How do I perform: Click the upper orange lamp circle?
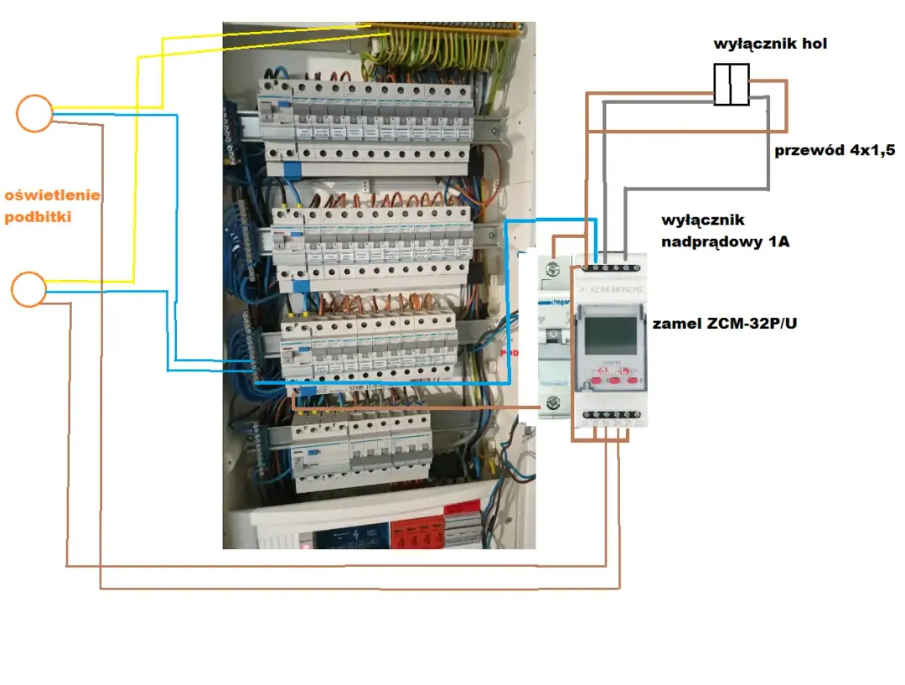pyautogui.click(x=34, y=113)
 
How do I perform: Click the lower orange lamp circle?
pyautogui.click(x=28, y=288)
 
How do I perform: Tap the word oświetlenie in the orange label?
pyautogui.click(x=53, y=195)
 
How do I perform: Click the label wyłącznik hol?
pyautogui.click(x=770, y=43)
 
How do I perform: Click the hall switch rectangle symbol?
pyautogui.click(x=731, y=85)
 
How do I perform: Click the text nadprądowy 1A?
pyautogui.click(x=726, y=242)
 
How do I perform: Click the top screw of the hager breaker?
pyautogui.click(x=551, y=270)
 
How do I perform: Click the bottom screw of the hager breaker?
pyautogui.click(x=551, y=404)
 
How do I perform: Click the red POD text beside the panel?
pyautogui.click(x=509, y=353)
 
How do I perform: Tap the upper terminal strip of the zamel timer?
pyautogui.click(x=609, y=267)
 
